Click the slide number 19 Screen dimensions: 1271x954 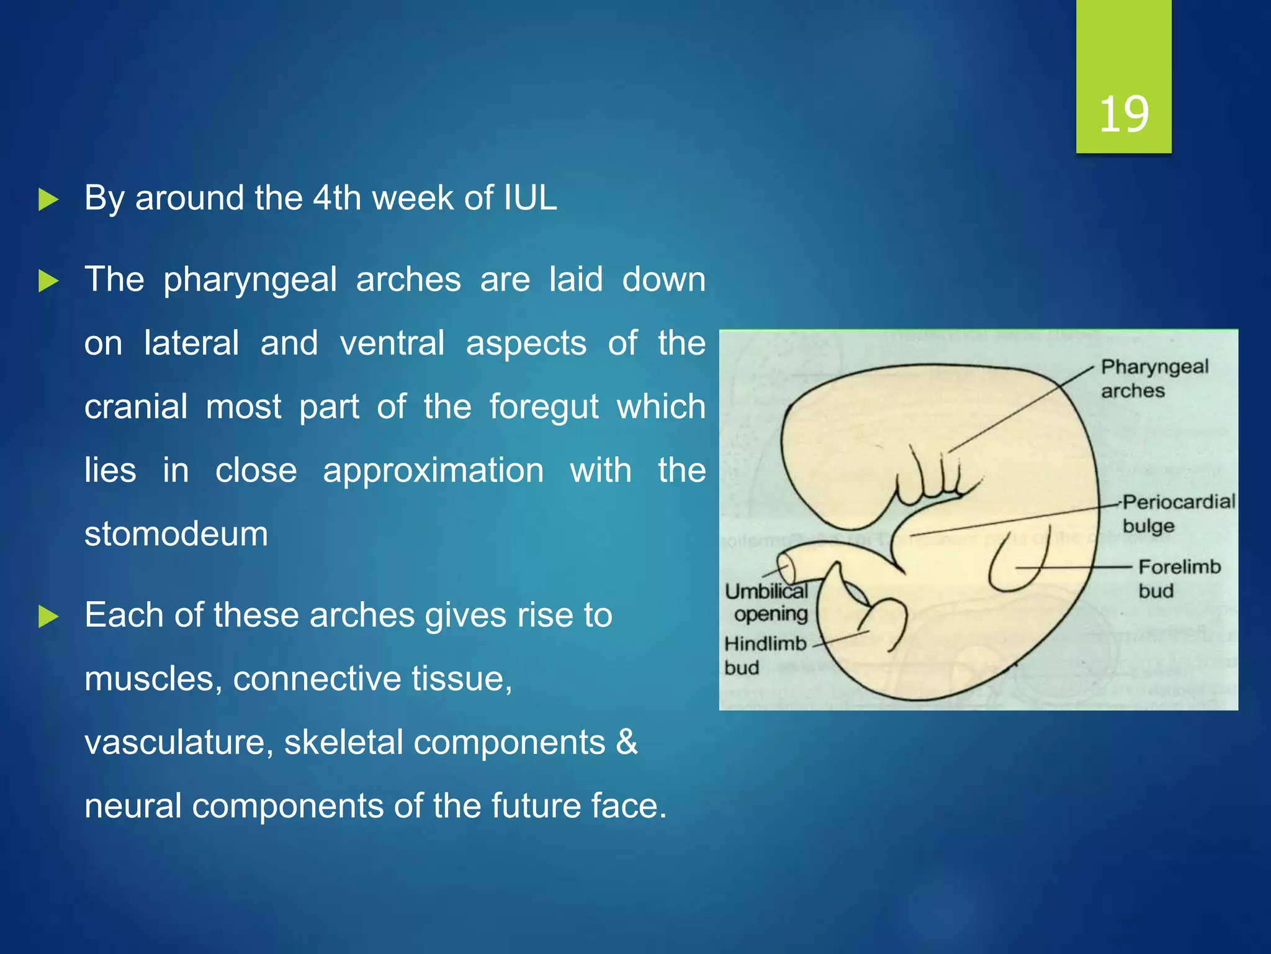1124,114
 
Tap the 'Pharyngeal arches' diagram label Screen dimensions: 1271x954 1154,378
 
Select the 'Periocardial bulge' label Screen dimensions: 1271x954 1179,513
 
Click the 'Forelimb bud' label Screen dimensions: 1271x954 1179,578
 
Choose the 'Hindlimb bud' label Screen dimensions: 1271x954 765,655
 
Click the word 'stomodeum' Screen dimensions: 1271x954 176,534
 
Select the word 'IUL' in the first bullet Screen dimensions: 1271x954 530,198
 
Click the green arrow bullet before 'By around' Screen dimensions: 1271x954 48,199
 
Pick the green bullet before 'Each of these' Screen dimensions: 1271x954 48,616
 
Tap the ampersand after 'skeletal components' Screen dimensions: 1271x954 627,742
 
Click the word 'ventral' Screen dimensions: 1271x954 392,343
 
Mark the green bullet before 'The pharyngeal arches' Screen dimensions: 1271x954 48,281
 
